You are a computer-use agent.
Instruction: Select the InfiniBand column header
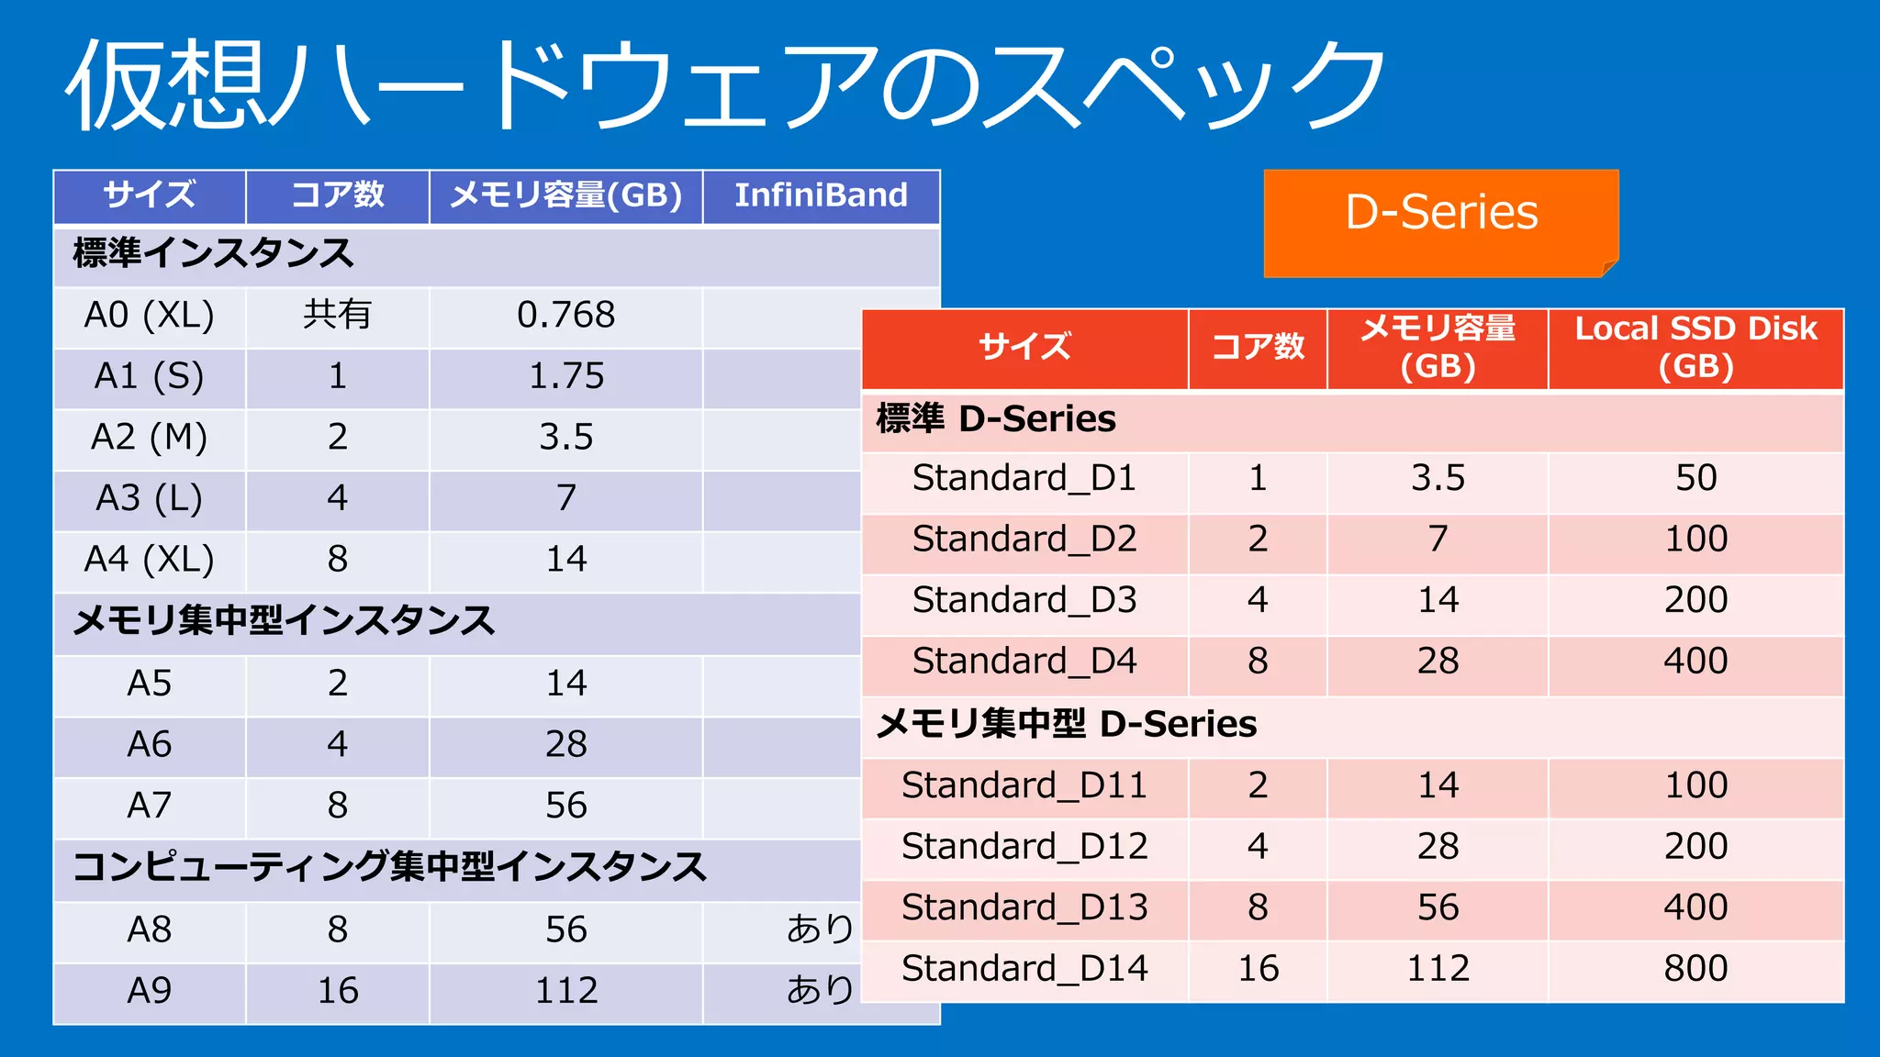(821, 195)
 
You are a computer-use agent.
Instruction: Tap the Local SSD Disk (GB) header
(1695, 347)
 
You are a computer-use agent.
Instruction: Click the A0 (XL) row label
(149, 316)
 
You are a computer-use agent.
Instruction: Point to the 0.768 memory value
(565, 316)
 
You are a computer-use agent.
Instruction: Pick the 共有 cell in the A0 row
(337, 316)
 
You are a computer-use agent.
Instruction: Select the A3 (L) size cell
(149, 498)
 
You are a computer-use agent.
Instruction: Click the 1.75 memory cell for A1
(565, 376)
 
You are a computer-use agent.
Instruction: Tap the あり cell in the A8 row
(819, 929)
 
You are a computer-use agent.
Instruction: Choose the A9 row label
(149, 991)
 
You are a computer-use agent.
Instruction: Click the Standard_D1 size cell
(1024, 478)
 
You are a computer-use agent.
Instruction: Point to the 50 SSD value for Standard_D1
(1695, 478)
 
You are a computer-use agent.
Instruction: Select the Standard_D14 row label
(1024, 969)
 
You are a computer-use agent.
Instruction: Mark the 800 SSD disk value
(1695, 969)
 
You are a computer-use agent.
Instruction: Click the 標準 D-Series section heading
(996, 419)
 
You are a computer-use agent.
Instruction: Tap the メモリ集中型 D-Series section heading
(1066, 725)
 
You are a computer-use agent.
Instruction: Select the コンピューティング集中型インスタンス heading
(389, 867)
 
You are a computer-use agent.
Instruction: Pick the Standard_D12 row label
(1024, 847)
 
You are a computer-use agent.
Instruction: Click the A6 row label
(149, 744)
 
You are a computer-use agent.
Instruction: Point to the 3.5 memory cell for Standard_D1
(1438, 478)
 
